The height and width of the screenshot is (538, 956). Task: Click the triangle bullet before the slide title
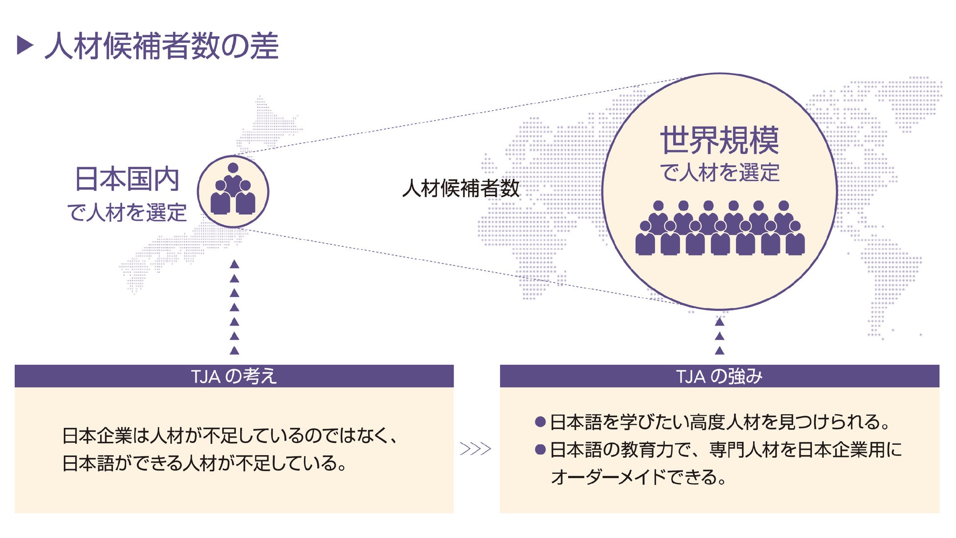(25, 45)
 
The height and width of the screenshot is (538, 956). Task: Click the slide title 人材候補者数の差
(162, 46)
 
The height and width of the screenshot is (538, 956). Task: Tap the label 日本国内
(126, 179)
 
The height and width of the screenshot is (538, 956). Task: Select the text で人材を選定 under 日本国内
(126, 213)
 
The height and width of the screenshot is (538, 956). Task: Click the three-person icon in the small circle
(233, 190)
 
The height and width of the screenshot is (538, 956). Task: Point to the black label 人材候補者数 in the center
(460, 188)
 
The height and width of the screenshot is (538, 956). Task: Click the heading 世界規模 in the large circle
(719, 141)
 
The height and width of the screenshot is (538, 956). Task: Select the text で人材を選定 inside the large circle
(719, 173)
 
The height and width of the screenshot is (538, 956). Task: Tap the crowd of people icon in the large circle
(720, 228)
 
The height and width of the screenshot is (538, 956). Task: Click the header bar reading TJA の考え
(234, 376)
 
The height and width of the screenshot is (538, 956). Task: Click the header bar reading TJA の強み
(719, 376)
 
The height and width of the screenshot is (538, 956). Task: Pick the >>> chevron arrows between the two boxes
(475, 449)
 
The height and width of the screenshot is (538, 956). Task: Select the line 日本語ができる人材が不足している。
(205, 463)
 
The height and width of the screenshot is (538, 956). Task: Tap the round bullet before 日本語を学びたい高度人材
(540, 422)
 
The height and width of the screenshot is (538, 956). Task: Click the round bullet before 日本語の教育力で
(540, 450)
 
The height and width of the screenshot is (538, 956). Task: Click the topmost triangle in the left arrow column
(234, 264)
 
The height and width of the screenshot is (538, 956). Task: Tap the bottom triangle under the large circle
(719, 350)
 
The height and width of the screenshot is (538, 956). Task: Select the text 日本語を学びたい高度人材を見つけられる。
(720, 422)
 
